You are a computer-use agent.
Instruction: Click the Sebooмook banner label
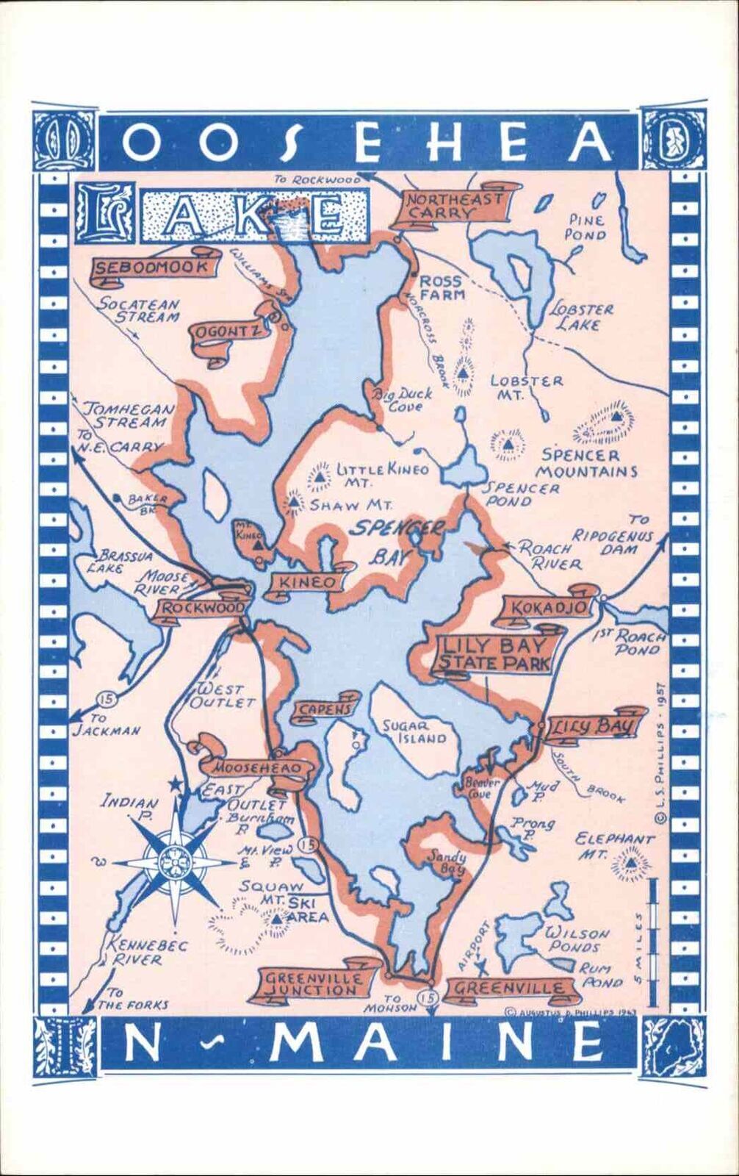point(151,268)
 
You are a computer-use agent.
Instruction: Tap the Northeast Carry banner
point(454,206)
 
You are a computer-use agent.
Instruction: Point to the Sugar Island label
point(414,731)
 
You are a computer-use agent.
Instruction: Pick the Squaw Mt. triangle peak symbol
point(275,919)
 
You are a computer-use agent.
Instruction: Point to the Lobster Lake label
point(580,316)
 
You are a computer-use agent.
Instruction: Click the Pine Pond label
point(585,227)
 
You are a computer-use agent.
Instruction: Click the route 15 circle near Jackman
point(108,698)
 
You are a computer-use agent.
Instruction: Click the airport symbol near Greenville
point(480,963)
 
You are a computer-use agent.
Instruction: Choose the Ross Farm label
point(441,287)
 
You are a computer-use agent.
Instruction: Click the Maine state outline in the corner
point(673,1047)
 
